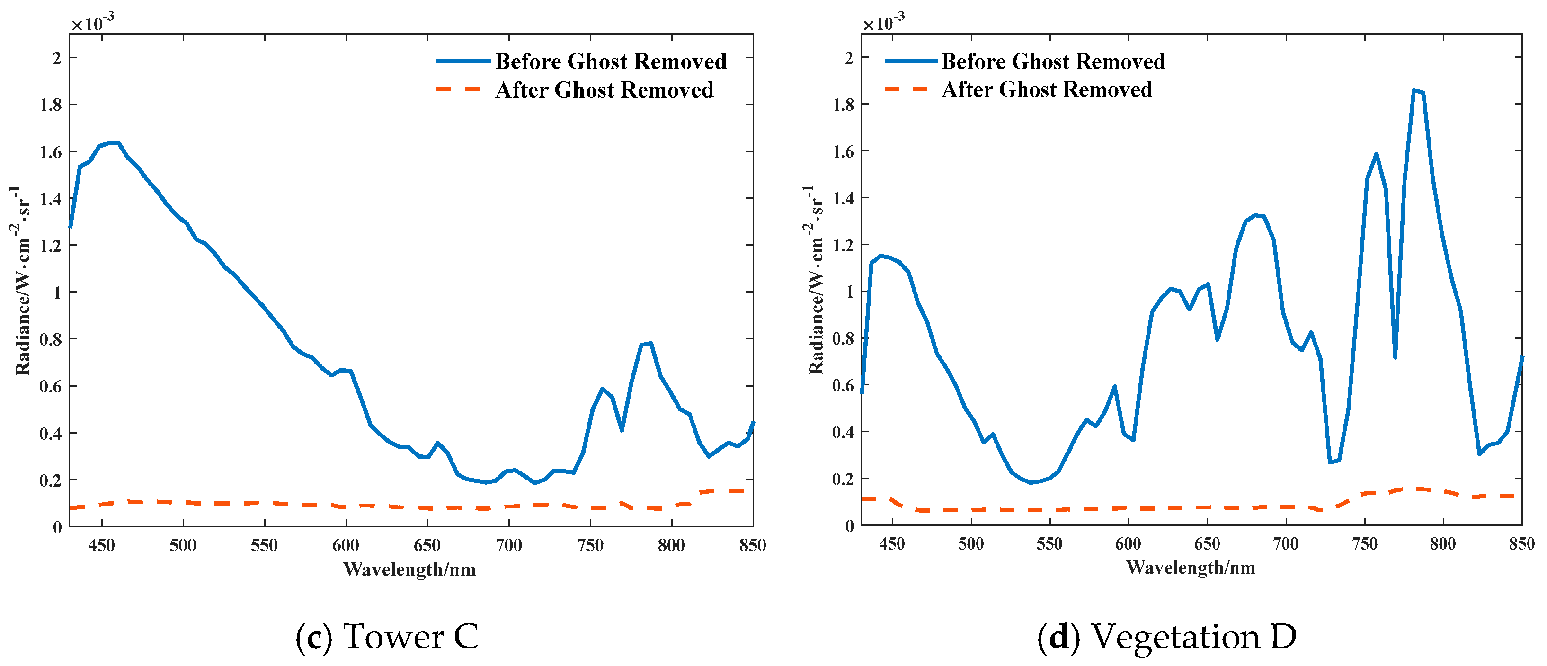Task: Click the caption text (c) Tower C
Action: coord(387,637)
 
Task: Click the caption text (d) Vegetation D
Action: coord(1166,637)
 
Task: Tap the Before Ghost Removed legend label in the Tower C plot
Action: coord(610,61)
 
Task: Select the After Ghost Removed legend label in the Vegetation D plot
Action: coord(1046,89)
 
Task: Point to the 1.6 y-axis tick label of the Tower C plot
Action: coord(51,152)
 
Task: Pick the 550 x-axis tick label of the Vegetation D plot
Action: coord(1049,543)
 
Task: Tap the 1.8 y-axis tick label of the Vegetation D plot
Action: coord(843,105)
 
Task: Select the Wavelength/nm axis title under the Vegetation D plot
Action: coord(1190,568)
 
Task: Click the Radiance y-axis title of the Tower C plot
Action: coord(22,280)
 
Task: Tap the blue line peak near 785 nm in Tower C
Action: coord(650,344)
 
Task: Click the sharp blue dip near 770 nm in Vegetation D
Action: coord(1395,357)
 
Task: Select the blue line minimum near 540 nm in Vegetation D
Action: coord(1031,482)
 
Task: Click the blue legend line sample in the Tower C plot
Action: coord(462,61)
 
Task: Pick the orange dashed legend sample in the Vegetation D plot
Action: coord(907,89)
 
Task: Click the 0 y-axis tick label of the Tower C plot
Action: coord(57,527)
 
